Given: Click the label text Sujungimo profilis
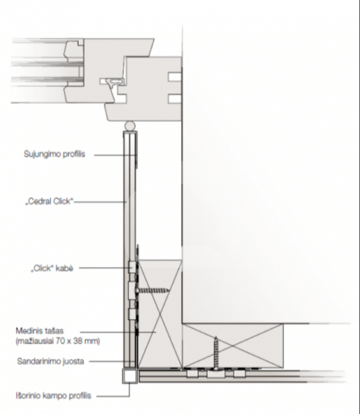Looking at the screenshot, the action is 54,154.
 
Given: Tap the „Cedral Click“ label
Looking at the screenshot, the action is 49,201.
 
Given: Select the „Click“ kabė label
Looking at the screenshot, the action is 52,268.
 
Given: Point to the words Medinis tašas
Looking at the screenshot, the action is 40,331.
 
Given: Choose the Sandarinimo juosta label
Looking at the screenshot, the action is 50,361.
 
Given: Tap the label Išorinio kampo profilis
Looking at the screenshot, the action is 54,396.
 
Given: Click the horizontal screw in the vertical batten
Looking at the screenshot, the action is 152,290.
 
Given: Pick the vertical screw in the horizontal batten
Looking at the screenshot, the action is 216,352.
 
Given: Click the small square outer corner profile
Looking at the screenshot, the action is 130,376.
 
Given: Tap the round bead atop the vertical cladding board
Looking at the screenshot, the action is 130,125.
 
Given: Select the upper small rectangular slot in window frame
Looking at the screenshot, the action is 175,77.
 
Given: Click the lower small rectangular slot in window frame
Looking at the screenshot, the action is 175,99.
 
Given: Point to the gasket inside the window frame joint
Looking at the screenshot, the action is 114,81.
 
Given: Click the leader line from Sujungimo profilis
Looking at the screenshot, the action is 115,155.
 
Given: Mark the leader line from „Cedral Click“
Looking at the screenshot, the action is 100,202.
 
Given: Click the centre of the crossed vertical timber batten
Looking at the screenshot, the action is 160,313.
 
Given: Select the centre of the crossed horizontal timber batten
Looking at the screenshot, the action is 233,346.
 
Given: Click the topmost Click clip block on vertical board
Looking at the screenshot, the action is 132,268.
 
